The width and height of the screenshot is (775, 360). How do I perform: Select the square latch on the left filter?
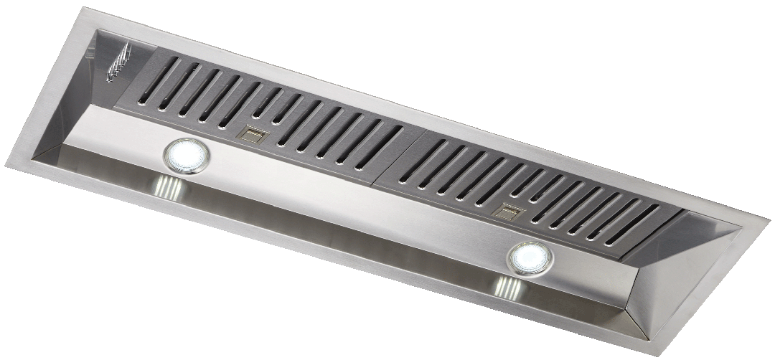253,133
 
